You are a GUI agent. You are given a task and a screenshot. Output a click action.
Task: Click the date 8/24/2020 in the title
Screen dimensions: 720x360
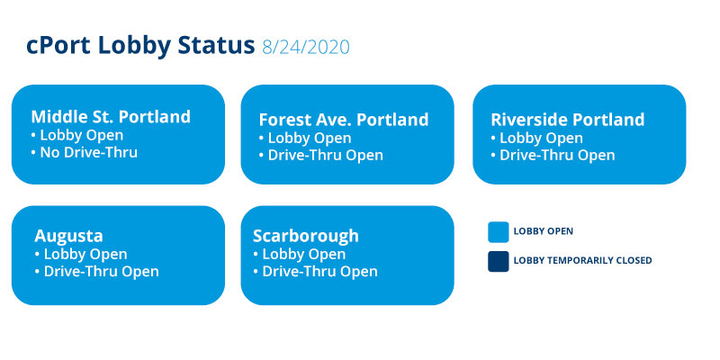[x=306, y=48]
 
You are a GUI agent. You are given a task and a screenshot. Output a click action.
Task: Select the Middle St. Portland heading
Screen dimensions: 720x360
[x=111, y=117]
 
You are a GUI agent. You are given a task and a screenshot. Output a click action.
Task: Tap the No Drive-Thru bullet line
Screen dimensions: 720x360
[x=84, y=152]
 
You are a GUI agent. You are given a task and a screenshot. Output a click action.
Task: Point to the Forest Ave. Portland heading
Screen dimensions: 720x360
[x=344, y=120]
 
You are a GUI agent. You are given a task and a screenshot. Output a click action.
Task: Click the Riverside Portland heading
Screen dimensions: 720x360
[x=568, y=120]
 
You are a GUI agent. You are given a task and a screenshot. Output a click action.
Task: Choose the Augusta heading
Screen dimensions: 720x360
[x=68, y=236]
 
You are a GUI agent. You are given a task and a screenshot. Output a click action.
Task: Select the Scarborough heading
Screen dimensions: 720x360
[x=306, y=236]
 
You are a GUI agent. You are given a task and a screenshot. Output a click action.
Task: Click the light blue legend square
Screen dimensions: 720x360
[x=499, y=232]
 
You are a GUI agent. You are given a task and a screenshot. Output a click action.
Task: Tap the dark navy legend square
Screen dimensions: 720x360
[x=499, y=261]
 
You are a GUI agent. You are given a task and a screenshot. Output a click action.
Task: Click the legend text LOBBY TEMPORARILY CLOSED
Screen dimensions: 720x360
[x=582, y=260]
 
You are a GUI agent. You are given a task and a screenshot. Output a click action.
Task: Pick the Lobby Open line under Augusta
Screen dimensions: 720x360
[x=81, y=254]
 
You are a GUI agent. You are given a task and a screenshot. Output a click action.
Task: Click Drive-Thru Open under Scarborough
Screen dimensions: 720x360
[x=315, y=271]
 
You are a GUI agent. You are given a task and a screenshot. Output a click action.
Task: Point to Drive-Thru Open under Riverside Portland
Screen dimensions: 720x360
[x=553, y=155]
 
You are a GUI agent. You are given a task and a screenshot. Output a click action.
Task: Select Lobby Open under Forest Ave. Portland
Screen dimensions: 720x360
[x=305, y=138]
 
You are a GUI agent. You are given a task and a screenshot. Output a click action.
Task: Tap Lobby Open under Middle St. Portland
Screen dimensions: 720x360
[x=77, y=135]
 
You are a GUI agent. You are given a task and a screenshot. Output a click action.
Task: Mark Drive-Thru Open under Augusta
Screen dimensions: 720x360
[x=96, y=271]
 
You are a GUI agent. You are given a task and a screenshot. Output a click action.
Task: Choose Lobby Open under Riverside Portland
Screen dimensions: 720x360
[x=536, y=138]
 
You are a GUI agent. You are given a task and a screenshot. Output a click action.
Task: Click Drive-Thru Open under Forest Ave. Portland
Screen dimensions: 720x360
[x=320, y=155]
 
